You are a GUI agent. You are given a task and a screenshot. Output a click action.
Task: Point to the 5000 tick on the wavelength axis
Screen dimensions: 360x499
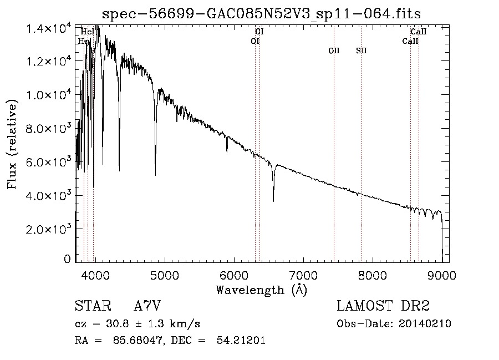tap(164, 275)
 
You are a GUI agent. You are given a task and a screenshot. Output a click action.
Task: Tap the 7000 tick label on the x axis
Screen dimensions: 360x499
tap(303, 275)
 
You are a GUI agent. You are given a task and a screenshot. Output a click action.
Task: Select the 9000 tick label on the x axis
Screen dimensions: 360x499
tap(442, 275)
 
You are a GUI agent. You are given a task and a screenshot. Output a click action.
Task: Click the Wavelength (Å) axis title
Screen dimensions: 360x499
tap(261, 289)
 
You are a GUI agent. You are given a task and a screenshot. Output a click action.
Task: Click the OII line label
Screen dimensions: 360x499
tap(334, 51)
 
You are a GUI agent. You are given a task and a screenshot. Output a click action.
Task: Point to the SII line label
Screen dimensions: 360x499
tap(361, 51)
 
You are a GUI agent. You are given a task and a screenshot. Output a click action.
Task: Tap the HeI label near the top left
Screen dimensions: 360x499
tap(87, 32)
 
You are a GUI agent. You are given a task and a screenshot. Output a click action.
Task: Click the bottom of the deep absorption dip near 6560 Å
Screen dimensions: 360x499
tap(273, 200)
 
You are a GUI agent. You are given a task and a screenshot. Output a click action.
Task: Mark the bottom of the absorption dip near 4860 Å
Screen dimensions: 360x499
tap(155, 174)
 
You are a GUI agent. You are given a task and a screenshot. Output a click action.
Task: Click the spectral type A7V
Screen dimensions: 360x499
tap(147, 306)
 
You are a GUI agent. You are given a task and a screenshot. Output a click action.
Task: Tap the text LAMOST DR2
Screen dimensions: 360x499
tap(383, 306)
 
